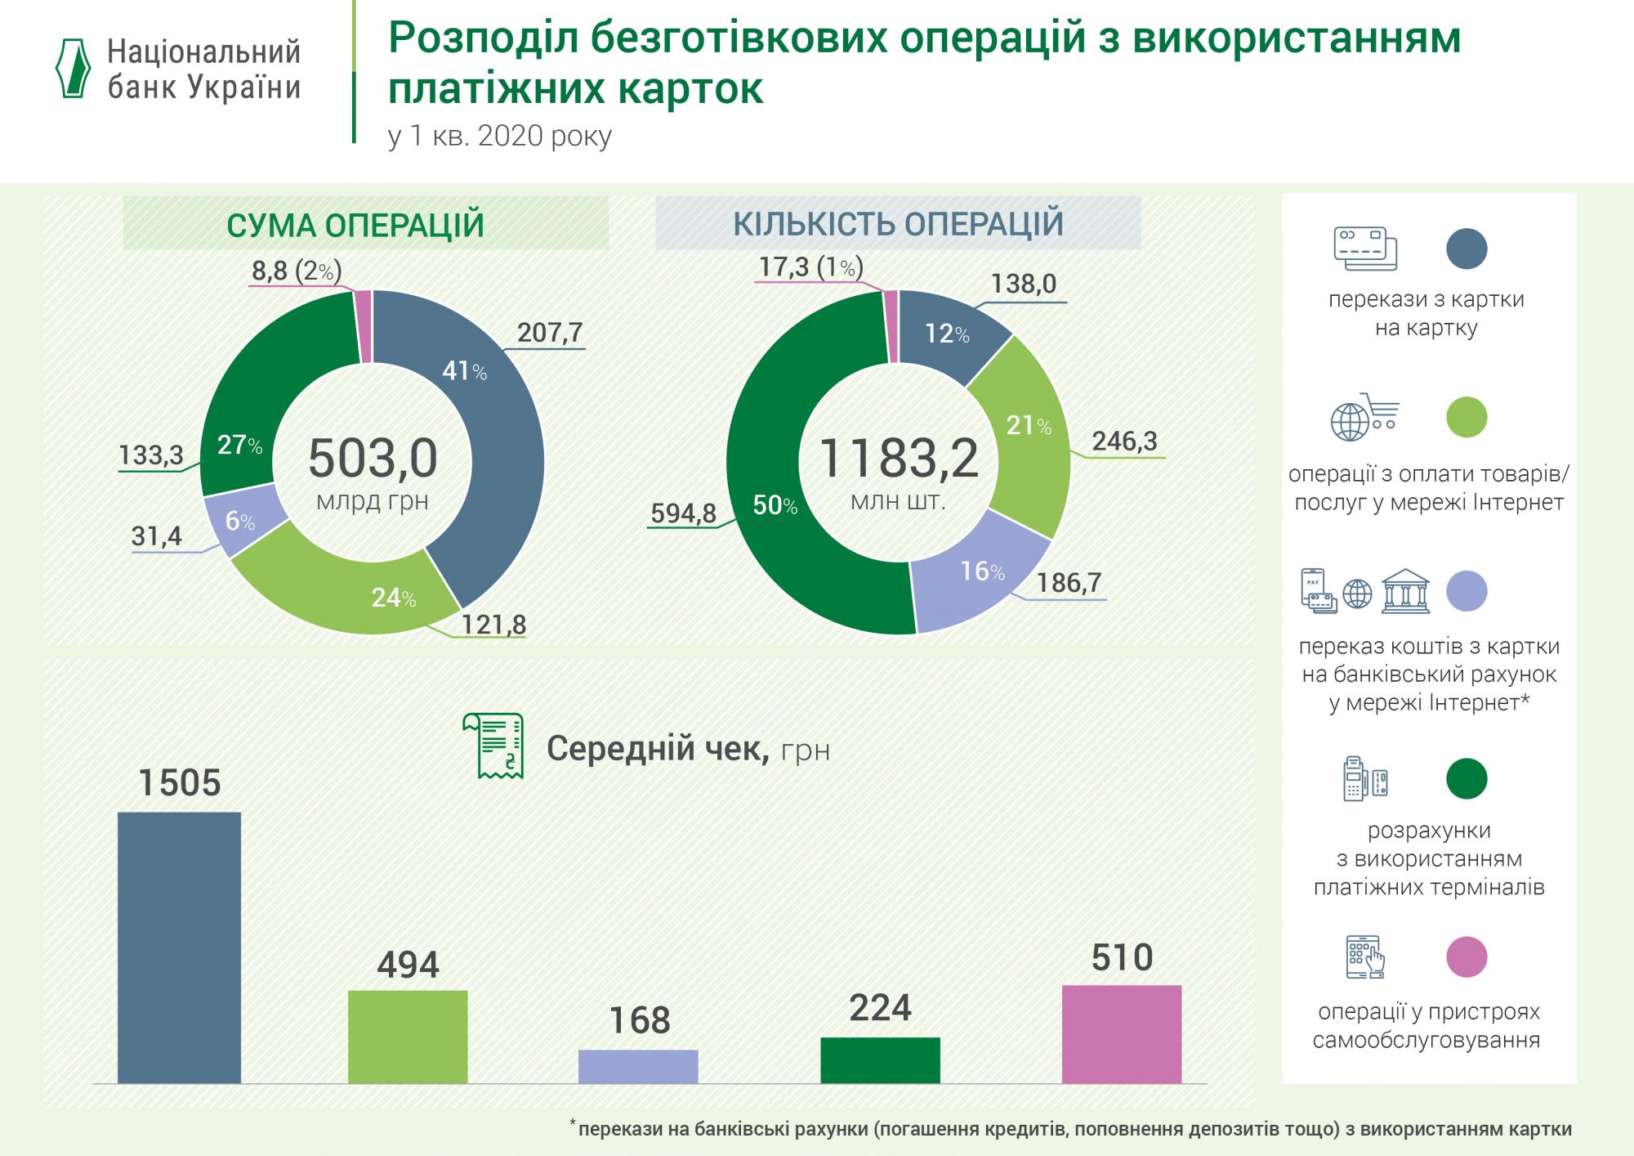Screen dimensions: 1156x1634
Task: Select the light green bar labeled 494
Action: click(x=408, y=1036)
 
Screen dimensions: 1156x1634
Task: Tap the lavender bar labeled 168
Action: click(x=638, y=1066)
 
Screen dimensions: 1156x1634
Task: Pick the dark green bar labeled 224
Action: click(x=880, y=1060)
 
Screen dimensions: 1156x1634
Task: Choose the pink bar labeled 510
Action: click(x=1122, y=1033)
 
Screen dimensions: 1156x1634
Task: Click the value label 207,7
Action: click(x=549, y=333)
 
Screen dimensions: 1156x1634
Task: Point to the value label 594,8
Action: click(x=683, y=513)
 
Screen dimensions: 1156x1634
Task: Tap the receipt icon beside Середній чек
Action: click(x=493, y=746)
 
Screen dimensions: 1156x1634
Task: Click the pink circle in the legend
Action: click(x=1467, y=957)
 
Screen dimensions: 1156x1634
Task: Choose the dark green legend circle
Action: click(x=1467, y=778)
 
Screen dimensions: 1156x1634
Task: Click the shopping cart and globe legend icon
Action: click(x=1364, y=417)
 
